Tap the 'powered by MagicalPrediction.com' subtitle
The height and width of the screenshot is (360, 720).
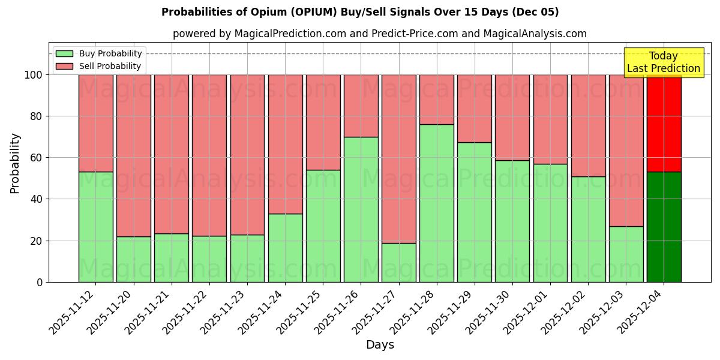coord(379,34)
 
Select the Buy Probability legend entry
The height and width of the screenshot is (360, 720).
coord(99,53)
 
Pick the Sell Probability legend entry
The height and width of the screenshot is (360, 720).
coord(99,66)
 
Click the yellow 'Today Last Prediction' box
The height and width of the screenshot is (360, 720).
coord(664,62)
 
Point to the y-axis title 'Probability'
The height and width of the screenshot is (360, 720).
coord(15,163)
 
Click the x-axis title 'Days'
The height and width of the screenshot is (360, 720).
coord(380,345)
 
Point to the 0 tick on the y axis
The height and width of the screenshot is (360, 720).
coord(40,282)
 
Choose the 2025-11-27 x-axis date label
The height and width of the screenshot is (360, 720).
coord(376,312)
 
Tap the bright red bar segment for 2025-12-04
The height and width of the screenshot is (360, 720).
coord(664,123)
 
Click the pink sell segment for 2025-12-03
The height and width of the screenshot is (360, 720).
coord(626,150)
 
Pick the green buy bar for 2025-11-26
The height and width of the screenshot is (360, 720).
coord(361,209)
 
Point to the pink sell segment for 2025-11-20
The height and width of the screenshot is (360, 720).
coord(133,155)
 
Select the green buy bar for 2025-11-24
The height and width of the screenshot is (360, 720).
coord(285,248)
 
